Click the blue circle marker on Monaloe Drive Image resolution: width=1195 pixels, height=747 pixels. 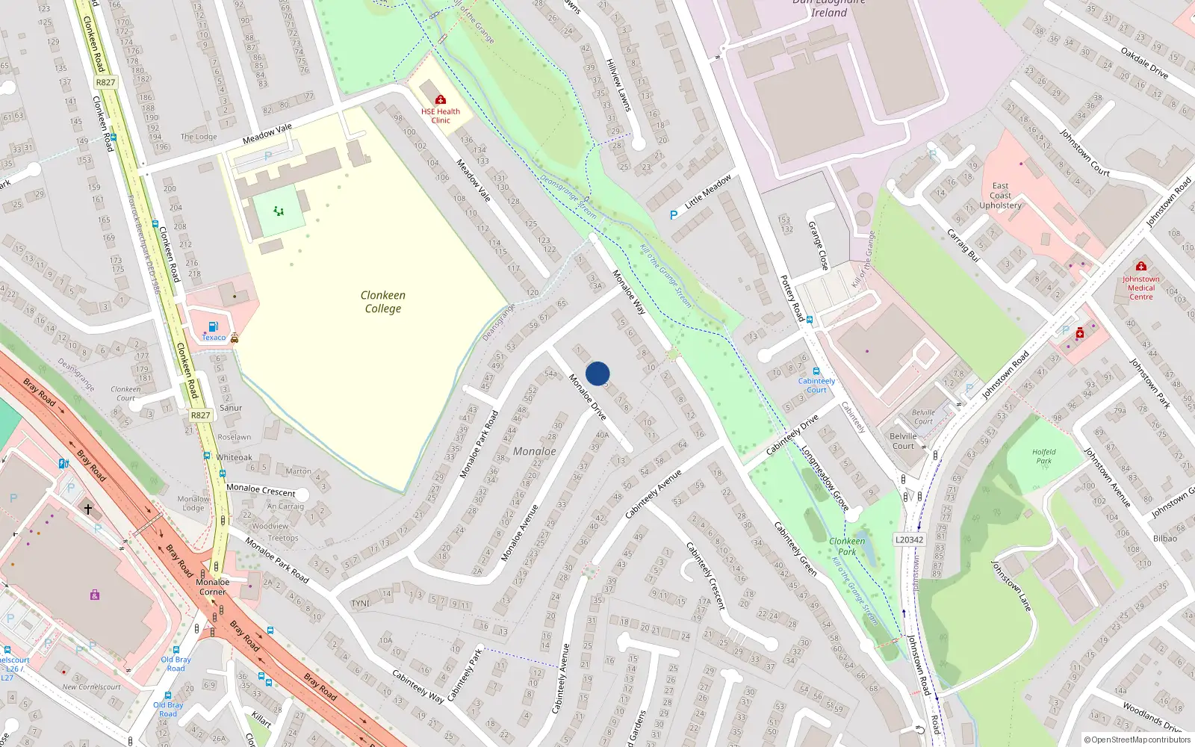[x=597, y=373]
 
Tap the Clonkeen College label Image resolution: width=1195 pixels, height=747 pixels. [x=382, y=302]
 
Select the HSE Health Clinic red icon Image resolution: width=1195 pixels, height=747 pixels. [x=441, y=99]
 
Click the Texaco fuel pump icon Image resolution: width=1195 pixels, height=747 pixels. [x=213, y=326]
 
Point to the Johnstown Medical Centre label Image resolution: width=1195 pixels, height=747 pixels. [x=1140, y=288]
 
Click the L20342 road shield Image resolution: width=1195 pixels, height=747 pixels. [x=909, y=539]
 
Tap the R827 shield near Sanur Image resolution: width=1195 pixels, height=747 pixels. [x=200, y=415]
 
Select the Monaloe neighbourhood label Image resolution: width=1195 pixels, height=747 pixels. [x=534, y=451]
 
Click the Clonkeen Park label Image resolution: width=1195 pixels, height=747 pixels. [x=847, y=546]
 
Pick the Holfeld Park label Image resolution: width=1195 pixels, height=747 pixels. [x=1043, y=456]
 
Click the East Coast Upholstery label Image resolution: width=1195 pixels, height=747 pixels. [x=1000, y=196]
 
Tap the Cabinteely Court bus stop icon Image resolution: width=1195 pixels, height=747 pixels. [x=816, y=371]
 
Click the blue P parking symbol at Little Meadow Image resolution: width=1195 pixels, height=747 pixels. [x=674, y=215]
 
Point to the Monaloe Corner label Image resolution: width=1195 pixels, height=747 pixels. [x=212, y=586]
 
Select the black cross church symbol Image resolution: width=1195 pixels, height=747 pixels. [x=87, y=509]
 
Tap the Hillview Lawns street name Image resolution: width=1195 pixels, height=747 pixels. [x=618, y=85]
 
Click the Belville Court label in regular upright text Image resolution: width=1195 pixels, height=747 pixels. [x=903, y=441]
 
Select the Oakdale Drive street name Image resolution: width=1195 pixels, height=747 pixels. [x=1144, y=63]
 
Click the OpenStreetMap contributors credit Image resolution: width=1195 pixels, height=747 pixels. [x=1137, y=740]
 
